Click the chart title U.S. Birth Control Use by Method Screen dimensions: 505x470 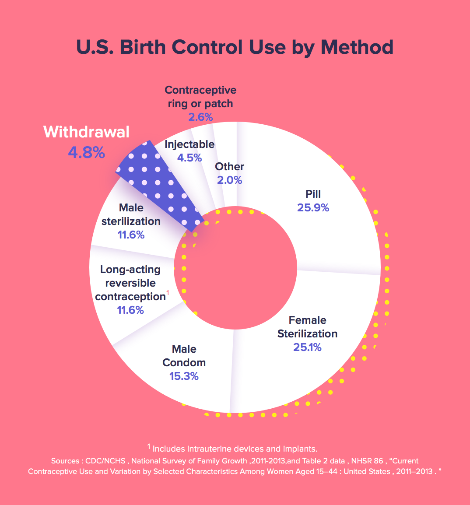pyautogui.click(x=235, y=47)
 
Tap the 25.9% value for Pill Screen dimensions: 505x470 pyautogui.click(x=313, y=207)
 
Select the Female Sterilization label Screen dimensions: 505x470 pyautogui.click(x=307, y=327)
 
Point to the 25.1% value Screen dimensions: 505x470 pyautogui.click(x=307, y=347)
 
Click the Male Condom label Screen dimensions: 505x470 pyautogui.click(x=184, y=356)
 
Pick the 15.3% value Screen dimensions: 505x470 pyautogui.click(x=184, y=376)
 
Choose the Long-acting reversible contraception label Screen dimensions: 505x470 pyautogui.click(x=130, y=283)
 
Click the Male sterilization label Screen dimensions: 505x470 pyautogui.click(x=131, y=214)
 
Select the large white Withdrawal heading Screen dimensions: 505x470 pyautogui.click(x=86, y=132)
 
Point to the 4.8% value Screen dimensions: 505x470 pyautogui.click(x=86, y=152)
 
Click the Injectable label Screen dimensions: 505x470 pyautogui.click(x=189, y=144)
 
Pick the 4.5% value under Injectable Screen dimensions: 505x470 pyautogui.click(x=189, y=158)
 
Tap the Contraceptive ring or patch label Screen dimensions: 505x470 pyautogui.click(x=200, y=97)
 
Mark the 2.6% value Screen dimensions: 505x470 pyautogui.click(x=200, y=117)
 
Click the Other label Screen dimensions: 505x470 pyautogui.click(x=230, y=167)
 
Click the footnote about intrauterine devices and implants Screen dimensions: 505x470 pyautogui.click(x=232, y=448)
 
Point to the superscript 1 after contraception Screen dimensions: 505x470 pyautogui.click(x=167, y=292)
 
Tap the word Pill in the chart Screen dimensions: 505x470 pyautogui.click(x=313, y=194)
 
